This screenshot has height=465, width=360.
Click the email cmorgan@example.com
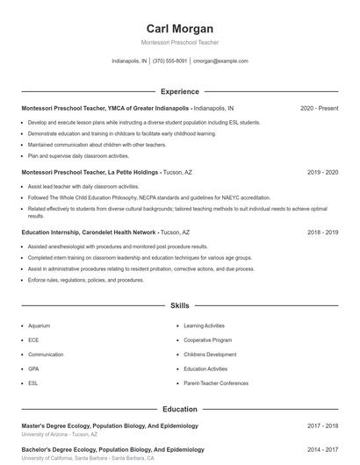pyautogui.click(x=220, y=61)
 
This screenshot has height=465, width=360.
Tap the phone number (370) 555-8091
pyautogui.click(x=169, y=61)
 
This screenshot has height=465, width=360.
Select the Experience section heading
pyautogui.click(x=179, y=91)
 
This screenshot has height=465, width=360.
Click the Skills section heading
pyautogui.click(x=179, y=306)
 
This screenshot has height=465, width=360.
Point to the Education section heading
pyautogui.click(x=179, y=410)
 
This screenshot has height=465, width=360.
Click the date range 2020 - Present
pyautogui.click(x=319, y=108)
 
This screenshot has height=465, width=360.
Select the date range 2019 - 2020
pyautogui.click(x=322, y=173)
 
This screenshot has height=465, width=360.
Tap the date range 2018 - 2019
pyautogui.click(x=322, y=232)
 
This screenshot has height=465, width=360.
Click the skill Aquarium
pyautogui.click(x=40, y=325)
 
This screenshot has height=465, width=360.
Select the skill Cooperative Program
pyautogui.click(x=208, y=340)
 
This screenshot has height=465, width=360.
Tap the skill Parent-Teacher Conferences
pyautogui.click(x=216, y=383)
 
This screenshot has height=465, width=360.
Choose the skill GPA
pyautogui.click(x=33, y=369)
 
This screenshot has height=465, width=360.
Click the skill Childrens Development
pyautogui.click(x=210, y=354)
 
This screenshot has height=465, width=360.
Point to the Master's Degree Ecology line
pyautogui.click(x=110, y=426)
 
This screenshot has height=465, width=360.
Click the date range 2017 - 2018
pyautogui.click(x=322, y=426)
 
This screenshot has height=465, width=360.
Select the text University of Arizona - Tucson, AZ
pyautogui.click(x=60, y=434)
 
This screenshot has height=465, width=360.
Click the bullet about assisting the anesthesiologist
pyautogui.click(x=118, y=247)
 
